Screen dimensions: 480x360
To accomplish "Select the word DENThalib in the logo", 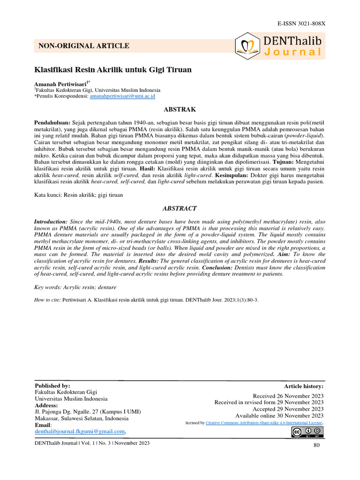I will (292, 40).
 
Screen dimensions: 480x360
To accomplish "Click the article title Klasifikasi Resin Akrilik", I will (113, 70).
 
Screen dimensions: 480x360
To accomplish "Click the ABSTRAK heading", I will (179, 109).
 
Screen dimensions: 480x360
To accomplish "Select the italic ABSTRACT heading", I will (179, 208).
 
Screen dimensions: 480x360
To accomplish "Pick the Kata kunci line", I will (79, 195).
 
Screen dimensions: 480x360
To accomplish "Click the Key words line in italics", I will (75, 287).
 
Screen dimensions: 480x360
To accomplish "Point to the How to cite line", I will (146, 299).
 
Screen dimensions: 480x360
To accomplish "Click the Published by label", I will (52, 385).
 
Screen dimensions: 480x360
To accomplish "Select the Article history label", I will (303, 386).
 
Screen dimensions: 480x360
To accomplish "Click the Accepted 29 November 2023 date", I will (288, 409).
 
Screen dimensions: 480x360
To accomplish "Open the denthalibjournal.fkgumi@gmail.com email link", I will (80, 431).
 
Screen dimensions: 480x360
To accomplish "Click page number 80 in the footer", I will (316, 445).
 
